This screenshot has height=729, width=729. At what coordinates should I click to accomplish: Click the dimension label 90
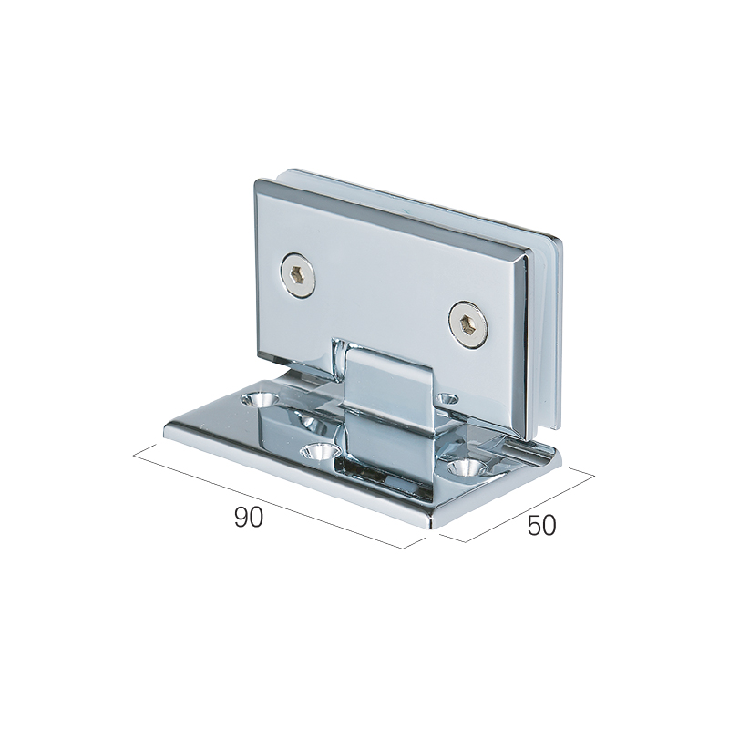[x=249, y=517]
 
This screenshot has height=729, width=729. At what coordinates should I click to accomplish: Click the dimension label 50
[x=541, y=526]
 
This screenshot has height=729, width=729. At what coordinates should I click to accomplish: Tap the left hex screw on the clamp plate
[x=298, y=277]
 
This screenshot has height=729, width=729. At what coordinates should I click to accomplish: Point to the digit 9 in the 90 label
[x=241, y=517]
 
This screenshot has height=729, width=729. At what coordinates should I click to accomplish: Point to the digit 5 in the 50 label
[x=534, y=526]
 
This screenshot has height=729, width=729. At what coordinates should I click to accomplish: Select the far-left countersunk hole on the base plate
[x=260, y=399]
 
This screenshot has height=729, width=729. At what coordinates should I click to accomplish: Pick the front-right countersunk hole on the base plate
[x=467, y=467]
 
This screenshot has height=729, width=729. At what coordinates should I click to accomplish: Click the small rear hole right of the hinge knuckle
[x=447, y=398]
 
